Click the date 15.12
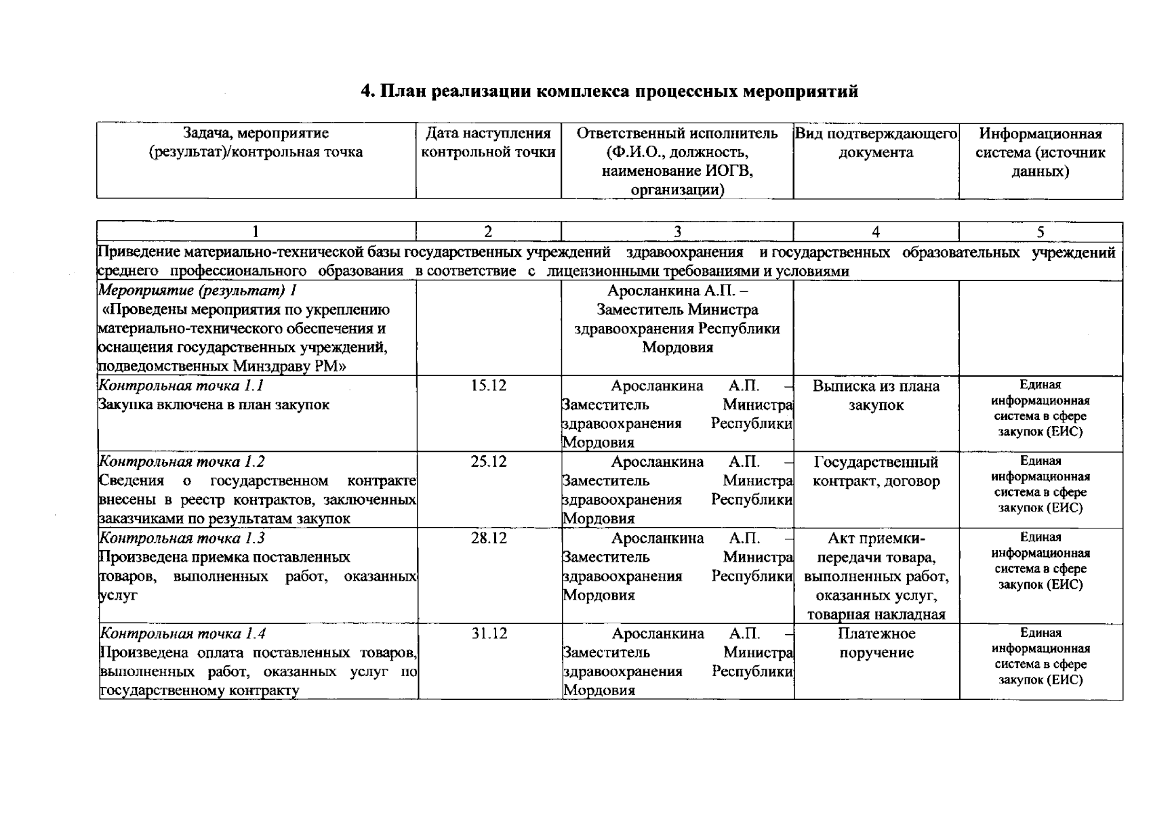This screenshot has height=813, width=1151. coord(488,386)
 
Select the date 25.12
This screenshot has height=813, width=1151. coord(488,462)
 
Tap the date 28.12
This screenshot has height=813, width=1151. coord(488,539)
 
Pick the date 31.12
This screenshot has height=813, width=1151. coord(489,634)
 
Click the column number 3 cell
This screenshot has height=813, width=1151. coord(677,232)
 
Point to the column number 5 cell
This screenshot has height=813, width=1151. coord(1040,232)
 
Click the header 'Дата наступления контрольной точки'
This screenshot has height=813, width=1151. coord(488,143)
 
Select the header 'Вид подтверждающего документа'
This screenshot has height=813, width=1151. coord(876,143)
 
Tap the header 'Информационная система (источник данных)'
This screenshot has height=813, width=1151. coord(1040,152)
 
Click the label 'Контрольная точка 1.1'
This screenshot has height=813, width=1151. coord(181,386)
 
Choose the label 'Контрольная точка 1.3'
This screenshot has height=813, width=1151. coord(182,539)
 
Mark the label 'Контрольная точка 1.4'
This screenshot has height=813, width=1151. coord(183,634)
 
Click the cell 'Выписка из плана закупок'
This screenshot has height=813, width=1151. coord(876,396)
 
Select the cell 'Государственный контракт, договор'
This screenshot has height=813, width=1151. coord(876,472)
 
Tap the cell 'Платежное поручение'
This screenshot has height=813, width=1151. coord(876,644)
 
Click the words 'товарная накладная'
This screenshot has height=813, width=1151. coord(876,615)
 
